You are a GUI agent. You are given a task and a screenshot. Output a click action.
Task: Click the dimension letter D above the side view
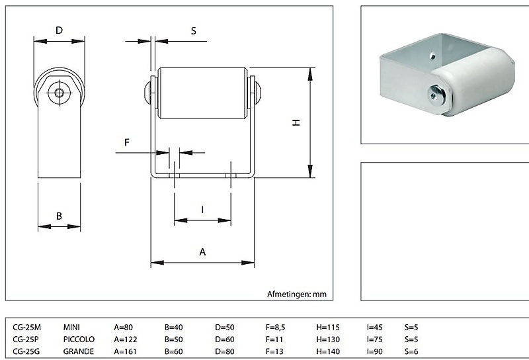[x=59, y=30]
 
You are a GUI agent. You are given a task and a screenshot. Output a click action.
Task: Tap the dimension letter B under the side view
[x=59, y=216]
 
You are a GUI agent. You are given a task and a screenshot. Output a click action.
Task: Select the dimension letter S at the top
[x=194, y=30]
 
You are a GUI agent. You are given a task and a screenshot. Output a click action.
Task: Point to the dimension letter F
[x=127, y=142]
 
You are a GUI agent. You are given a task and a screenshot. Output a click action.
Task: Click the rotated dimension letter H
[x=297, y=122]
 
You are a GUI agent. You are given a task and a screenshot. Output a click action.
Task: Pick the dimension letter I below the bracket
[x=202, y=210]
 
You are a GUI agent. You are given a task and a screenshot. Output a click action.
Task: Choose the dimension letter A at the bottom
[x=203, y=252]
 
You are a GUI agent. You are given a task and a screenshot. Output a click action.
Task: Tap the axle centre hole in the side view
[x=60, y=93]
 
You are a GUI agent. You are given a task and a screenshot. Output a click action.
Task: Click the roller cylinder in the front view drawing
[x=202, y=93]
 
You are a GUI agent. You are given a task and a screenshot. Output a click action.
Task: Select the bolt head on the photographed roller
[x=436, y=95]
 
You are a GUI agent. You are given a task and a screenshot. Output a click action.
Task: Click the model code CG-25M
[x=27, y=327]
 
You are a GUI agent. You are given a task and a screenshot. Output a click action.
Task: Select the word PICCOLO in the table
[x=79, y=339]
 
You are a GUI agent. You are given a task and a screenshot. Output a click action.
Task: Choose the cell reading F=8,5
[x=278, y=327]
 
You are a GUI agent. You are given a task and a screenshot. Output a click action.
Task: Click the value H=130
[x=328, y=339]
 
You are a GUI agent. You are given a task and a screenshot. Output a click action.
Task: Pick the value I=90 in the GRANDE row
[x=376, y=351]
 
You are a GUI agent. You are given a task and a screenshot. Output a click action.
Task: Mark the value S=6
[x=411, y=351]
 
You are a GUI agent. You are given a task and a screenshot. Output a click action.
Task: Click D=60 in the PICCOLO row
[x=226, y=339]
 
